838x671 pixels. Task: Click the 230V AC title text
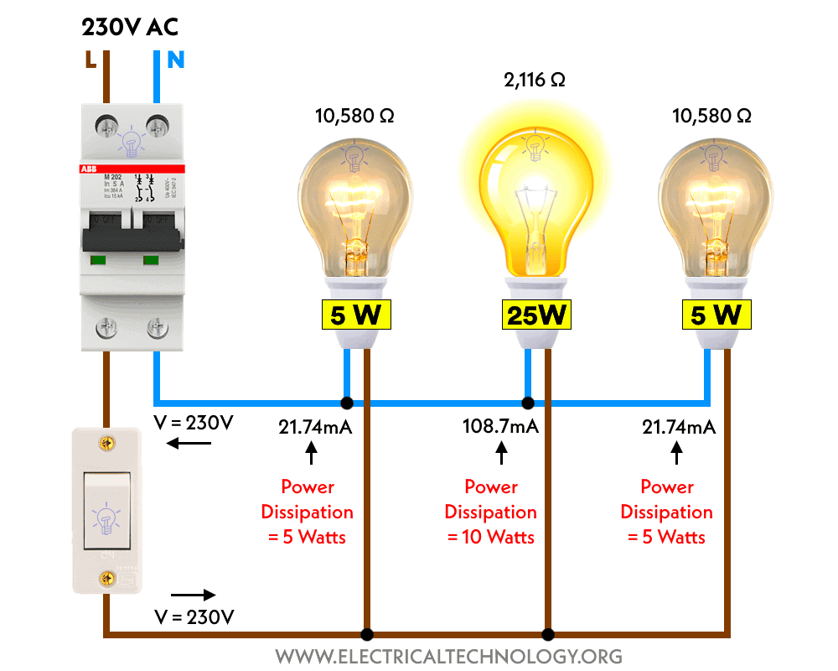[130, 27]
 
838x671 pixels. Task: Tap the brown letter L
[90, 60]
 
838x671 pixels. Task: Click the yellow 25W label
[536, 315]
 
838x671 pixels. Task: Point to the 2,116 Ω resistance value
[535, 81]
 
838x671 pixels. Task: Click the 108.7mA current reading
[500, 427]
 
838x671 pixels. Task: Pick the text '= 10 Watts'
[491, 537]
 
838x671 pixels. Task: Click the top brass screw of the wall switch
[106, 442]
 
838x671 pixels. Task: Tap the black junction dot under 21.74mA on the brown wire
[365, 634]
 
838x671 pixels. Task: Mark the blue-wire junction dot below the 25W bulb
[528, 403]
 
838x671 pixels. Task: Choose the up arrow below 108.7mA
[502, 453]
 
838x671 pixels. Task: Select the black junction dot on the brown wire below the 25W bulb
[548, 634]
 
